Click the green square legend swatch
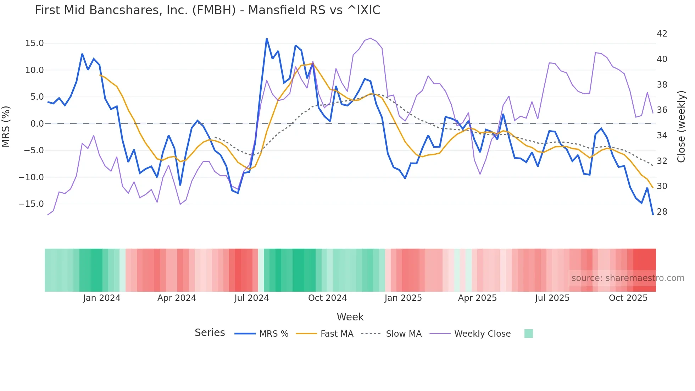[x=528, y=334]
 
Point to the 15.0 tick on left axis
[x=34, y=43]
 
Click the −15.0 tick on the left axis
[x=31, y=204]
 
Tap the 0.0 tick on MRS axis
[x=37, y=124]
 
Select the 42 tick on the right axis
[x=662, y=34]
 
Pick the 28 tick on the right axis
[x=662, y=212]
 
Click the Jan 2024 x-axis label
[x=102, y=298]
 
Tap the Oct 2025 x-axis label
[x=628, y=298]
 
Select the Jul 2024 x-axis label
[x=251, y=298]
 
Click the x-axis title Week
[x=350, y=317]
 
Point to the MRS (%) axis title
[x=6, y=126]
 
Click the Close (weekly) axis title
[x=681, y=127]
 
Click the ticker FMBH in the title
[x=214, y=10]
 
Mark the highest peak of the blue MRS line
[x=267, y=39]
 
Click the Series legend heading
[x=210, y=333]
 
